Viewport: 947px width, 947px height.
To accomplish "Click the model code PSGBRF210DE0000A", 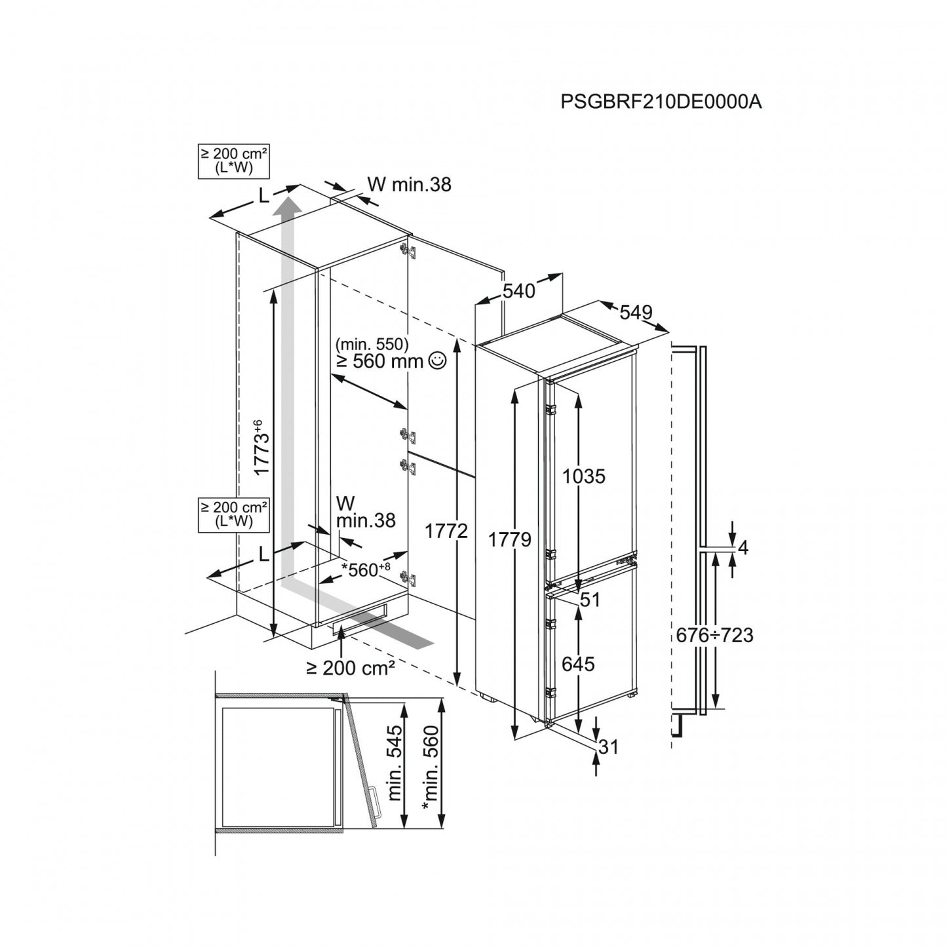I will [661, 102].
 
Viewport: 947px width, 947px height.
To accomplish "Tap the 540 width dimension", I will [518, 290].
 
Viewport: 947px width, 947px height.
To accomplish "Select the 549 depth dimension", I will [636, 313].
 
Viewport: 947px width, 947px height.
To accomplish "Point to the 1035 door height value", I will [585, 476].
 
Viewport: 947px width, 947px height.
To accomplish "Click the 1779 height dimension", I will [509, 540].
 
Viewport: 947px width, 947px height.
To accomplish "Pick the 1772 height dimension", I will [446, 531].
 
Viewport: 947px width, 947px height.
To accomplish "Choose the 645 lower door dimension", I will [578, 664].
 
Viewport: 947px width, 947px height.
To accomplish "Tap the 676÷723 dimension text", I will [715, 635].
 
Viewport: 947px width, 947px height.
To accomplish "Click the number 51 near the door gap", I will [590, 600].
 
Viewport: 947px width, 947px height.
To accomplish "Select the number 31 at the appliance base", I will [609, 746].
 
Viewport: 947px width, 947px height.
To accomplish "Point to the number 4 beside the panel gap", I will [743, 547].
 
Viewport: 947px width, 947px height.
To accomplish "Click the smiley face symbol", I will [437, 359].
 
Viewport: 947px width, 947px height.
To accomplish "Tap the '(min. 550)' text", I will [372, 343].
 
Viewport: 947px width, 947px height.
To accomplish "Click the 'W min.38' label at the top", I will [410, 185].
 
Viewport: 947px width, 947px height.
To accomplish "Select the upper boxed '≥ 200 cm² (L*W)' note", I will [234, 161].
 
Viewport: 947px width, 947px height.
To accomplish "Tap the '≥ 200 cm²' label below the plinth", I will [351, 668].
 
